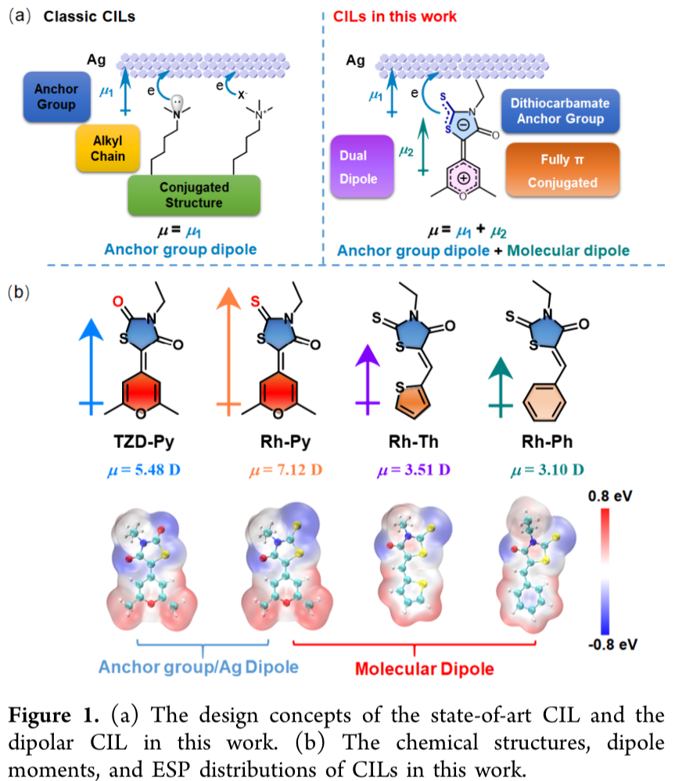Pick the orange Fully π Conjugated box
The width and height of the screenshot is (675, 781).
563,171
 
